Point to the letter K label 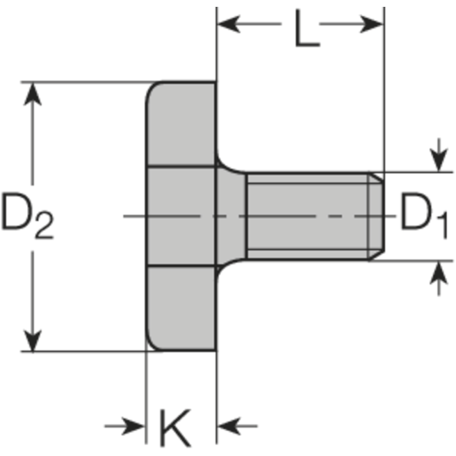(x=174, y=427)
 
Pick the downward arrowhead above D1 (x=438, y=160)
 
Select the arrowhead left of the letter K (x=135, y=425)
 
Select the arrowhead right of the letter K (x=229, y=425)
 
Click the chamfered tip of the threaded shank (x=375, y=216)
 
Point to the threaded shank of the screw (x=308, y=216)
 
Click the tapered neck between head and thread (x=231, y=216)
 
